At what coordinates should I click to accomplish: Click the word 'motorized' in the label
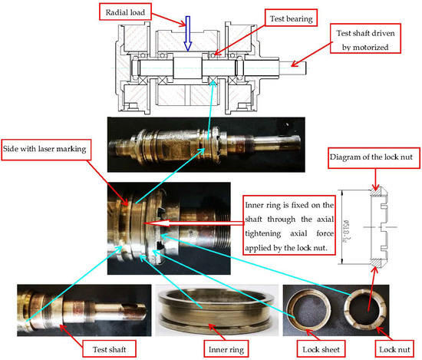pos(379,46)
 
